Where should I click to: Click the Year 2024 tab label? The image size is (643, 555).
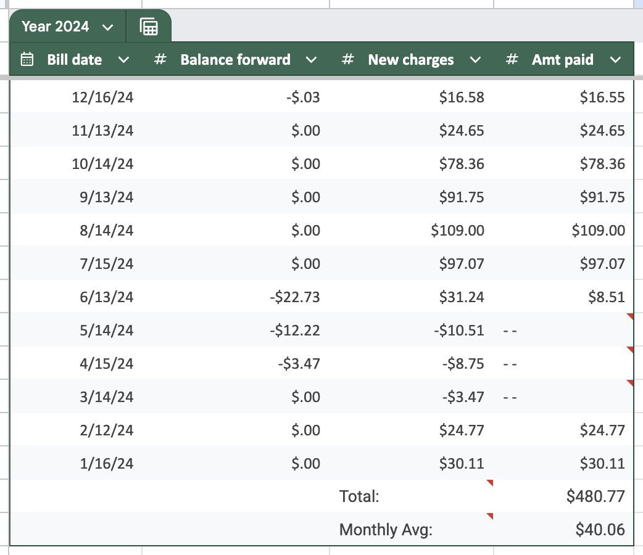point(55,27)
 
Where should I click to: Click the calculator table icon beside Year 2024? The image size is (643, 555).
point(149,27)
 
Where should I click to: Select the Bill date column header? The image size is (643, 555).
point(75,60)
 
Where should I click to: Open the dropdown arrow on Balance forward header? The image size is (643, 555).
point(312,60)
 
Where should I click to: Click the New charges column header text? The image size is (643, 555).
point(410,60)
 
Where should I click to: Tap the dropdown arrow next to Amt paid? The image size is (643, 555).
point(615,60)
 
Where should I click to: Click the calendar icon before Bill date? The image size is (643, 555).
point(27,59)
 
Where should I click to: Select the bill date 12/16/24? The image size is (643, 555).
point(102,97)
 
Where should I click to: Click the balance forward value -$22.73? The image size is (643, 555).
point(295,297)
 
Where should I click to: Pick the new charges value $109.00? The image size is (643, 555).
point(457,231)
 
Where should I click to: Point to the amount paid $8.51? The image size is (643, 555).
point(608,297)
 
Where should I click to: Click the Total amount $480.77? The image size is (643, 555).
point(595,496)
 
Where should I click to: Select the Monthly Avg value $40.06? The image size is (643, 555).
point(600,530)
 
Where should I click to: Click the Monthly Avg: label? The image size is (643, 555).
point(386,530)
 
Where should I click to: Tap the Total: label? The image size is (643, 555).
point(359,496)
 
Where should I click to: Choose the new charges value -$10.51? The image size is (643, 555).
point(459,331)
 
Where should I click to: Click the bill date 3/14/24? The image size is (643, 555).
point(106,397)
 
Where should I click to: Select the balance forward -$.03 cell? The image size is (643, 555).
point(304,97)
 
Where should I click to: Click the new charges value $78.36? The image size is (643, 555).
point(462,164)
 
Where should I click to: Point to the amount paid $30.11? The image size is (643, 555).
point(602,464)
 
